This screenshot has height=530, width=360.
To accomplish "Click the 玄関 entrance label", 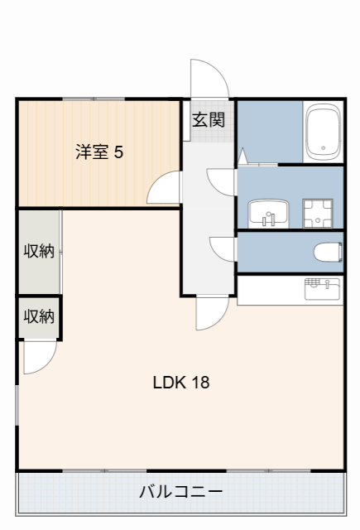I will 209,119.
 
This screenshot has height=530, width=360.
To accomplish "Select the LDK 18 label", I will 180,383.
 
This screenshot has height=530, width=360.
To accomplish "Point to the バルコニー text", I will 180,492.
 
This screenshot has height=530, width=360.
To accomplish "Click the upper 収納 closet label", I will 39,251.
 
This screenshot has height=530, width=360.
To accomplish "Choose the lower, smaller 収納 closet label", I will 39,316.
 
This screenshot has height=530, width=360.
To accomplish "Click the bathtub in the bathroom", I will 323,132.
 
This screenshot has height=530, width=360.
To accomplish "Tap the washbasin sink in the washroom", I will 268,214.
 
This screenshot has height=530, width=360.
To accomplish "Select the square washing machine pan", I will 317,213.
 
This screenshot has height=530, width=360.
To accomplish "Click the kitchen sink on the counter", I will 322,289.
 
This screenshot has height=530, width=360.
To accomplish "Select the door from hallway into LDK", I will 212,313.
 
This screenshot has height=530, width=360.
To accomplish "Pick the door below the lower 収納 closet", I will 38,357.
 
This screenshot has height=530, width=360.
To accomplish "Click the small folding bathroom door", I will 243,156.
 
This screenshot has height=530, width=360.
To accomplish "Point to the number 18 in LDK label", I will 200,383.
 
